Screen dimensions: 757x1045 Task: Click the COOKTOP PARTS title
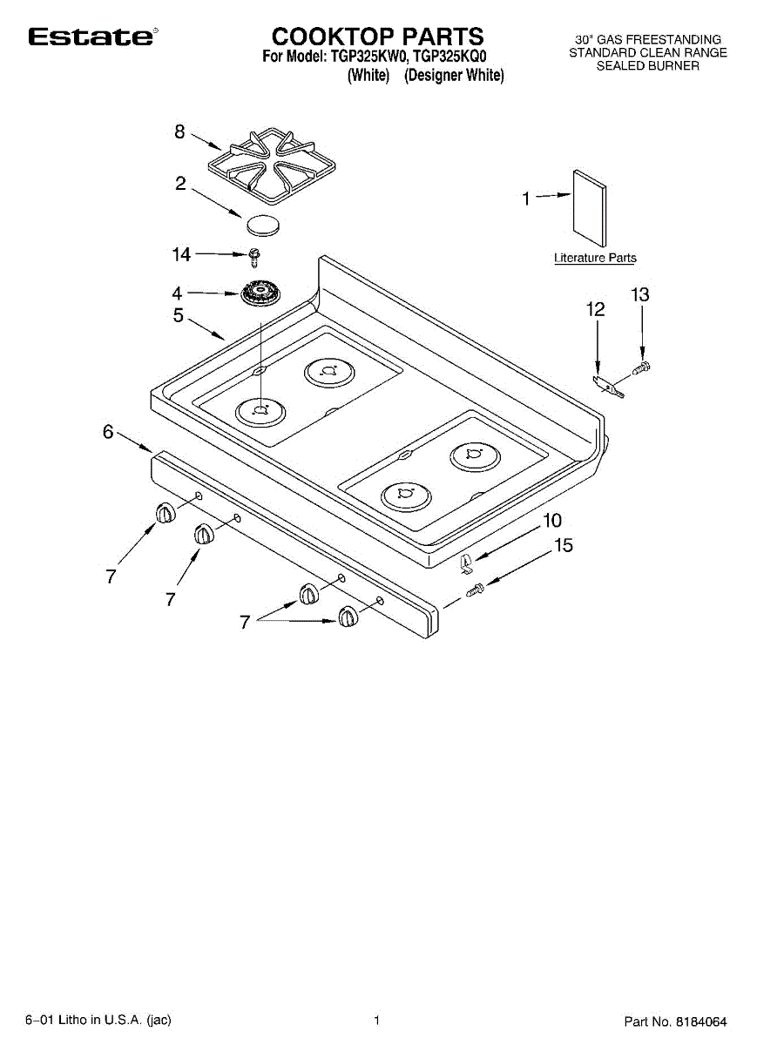pos(377,37)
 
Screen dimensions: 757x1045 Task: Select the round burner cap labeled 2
pos(264,225)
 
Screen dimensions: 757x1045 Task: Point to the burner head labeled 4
pos(259,293)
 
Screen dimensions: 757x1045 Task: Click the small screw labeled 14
pos(254,255)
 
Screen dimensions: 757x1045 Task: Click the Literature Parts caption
pos(595,258)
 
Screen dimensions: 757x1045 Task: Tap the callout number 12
pos(596,309)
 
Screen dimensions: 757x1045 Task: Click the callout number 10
pos(551,522)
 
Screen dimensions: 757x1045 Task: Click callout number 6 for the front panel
pos(109,431)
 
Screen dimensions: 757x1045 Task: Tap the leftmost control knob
pos(164,514)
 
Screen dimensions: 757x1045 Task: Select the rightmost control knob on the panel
pos(348,617)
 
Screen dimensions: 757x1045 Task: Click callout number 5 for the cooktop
pos(179,315)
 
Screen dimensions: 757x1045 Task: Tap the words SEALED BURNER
pos(647,65)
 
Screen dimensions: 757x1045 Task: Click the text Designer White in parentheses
pos(454,76)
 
